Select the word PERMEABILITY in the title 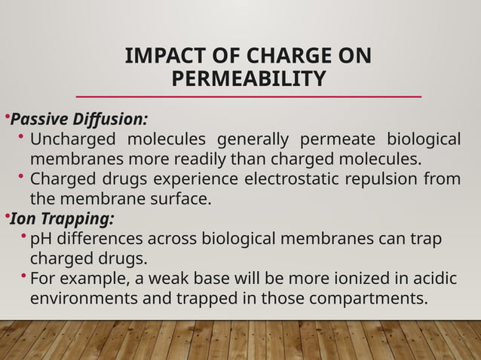click(249, 79)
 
